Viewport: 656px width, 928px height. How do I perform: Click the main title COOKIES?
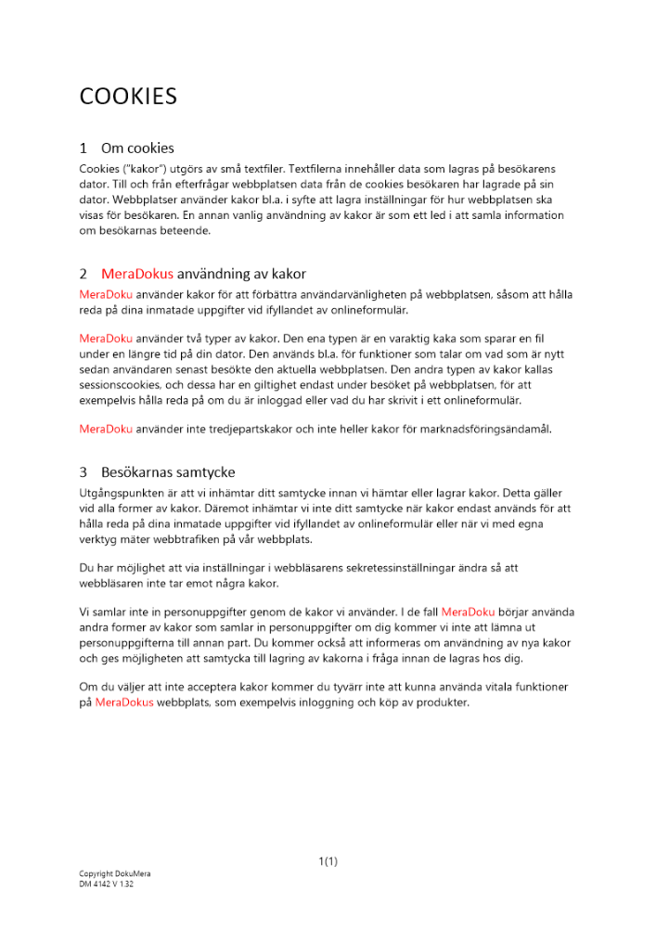tap(128, 97)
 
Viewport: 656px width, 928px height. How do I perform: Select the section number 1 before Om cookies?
tap(84, 148)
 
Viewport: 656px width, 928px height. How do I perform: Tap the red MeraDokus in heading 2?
tap(136, 274)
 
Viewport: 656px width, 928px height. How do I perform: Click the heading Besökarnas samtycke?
tap(168, 471)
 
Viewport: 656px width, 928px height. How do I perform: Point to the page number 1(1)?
tap(328, 861)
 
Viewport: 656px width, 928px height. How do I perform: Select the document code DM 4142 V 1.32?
tap(107, 885)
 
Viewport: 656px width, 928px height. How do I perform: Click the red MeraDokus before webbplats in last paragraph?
tap(124, 702)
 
